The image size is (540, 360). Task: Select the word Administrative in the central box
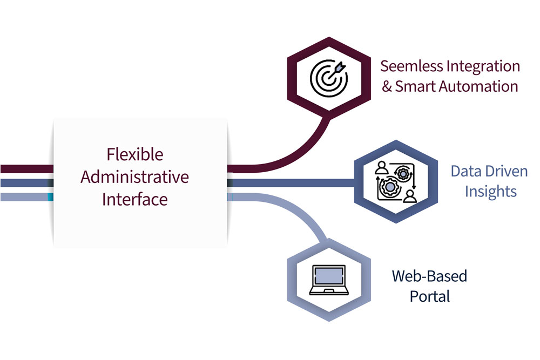[x=135, y=176]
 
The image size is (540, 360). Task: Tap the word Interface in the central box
[x=135, y=199]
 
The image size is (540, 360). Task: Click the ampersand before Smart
[x=387, y=86]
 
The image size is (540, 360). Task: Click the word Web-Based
[x=429, y=276]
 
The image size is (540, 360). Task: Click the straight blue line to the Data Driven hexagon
[x=302, y=184]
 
